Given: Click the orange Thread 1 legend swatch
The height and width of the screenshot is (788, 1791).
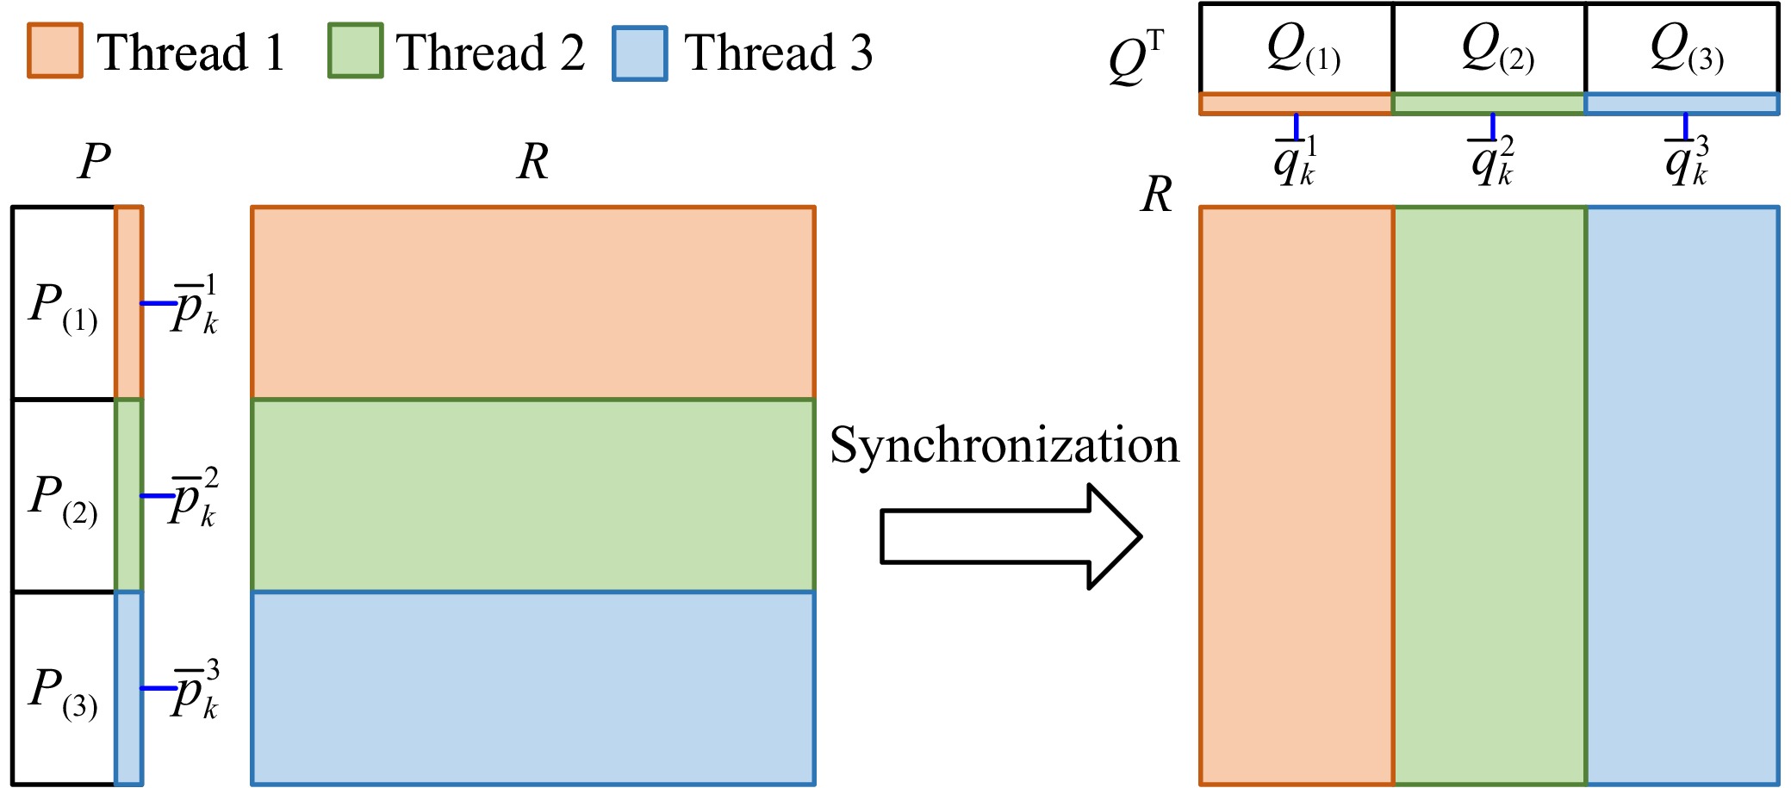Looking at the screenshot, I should (55, 51).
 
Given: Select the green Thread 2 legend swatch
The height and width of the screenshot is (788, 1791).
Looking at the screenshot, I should (355, 52).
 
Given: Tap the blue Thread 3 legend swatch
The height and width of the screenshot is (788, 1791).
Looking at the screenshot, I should (639, 53).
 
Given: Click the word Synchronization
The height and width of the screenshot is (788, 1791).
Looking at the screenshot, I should (1004, 446).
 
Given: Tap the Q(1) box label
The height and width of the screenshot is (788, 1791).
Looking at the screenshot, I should (1303, 50).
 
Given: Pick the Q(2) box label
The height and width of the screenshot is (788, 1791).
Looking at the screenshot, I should (1497, 50).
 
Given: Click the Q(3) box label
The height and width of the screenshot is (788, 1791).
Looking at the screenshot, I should (1686, 50).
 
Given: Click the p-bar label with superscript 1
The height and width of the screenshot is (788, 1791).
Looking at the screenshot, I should (195, 305).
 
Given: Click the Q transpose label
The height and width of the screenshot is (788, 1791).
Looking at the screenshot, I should (1135, 59).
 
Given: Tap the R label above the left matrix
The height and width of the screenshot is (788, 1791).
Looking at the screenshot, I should (532, 161).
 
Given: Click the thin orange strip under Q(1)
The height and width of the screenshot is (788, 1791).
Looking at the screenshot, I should (1296, 104).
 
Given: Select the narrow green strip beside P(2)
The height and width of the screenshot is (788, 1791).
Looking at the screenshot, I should (128, 495).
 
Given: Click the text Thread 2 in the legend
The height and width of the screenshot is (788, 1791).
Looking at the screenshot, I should (490, 53).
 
